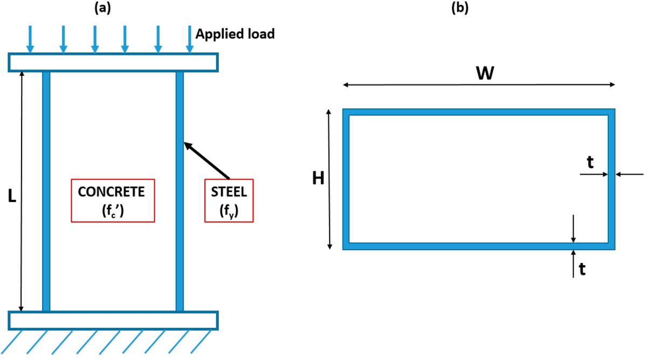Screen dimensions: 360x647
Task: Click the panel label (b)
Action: [460, 9]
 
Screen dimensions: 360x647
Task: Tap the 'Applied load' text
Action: [235, 34]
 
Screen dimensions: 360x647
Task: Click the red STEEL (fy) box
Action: [229, 200]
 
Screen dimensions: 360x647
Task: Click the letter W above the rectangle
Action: [485, 74]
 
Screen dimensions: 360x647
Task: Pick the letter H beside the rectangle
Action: [319, 178]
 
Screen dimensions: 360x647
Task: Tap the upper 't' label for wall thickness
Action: [590, 163]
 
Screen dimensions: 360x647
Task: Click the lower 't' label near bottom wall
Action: [582, 269]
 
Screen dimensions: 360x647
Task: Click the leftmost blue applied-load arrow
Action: [31, 39]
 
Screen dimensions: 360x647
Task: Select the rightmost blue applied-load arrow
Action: [189, 39]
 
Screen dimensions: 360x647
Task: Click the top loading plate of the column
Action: [113, 62]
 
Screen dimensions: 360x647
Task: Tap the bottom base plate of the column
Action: [113, 320]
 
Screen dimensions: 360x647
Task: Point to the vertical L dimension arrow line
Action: [22, 135]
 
